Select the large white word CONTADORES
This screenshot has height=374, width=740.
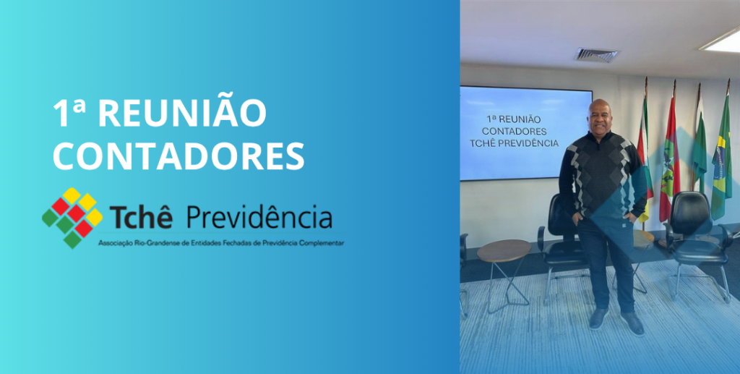(x=179, y=156)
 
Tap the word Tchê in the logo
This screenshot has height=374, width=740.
(x=141, y=217)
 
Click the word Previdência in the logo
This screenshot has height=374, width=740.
(x=259, y=217)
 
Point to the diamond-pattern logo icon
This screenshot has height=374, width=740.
(x=72, y=218)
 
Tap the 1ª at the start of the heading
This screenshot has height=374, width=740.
(x=69, y=114)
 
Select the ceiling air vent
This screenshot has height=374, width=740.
(x=596, y=55)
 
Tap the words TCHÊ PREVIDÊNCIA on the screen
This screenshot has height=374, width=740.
(x=514, y=143)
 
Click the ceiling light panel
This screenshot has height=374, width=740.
(x=720, y=41)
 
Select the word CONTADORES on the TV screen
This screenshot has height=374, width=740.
(x=514, y=131)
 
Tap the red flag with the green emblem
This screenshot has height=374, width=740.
(x=669, y=156)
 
